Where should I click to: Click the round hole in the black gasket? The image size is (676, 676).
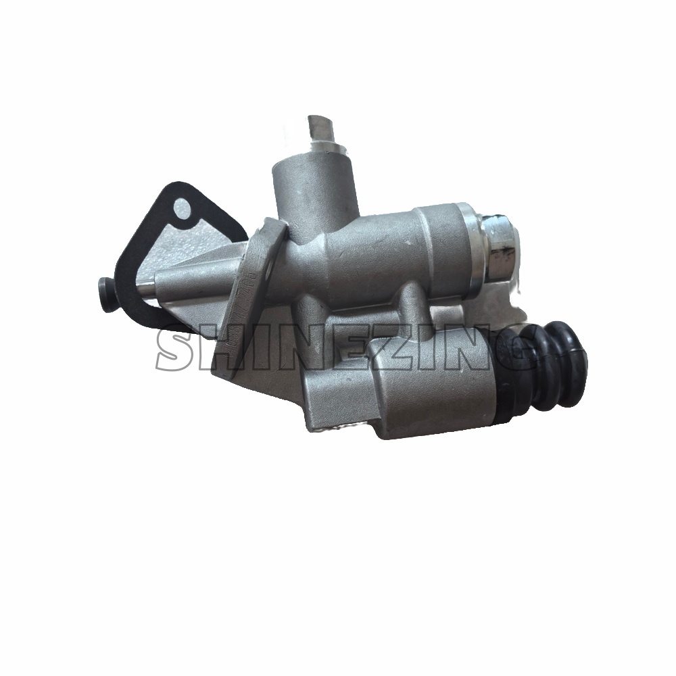point(182,210)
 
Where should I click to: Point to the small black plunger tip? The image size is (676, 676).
point(105,295)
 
